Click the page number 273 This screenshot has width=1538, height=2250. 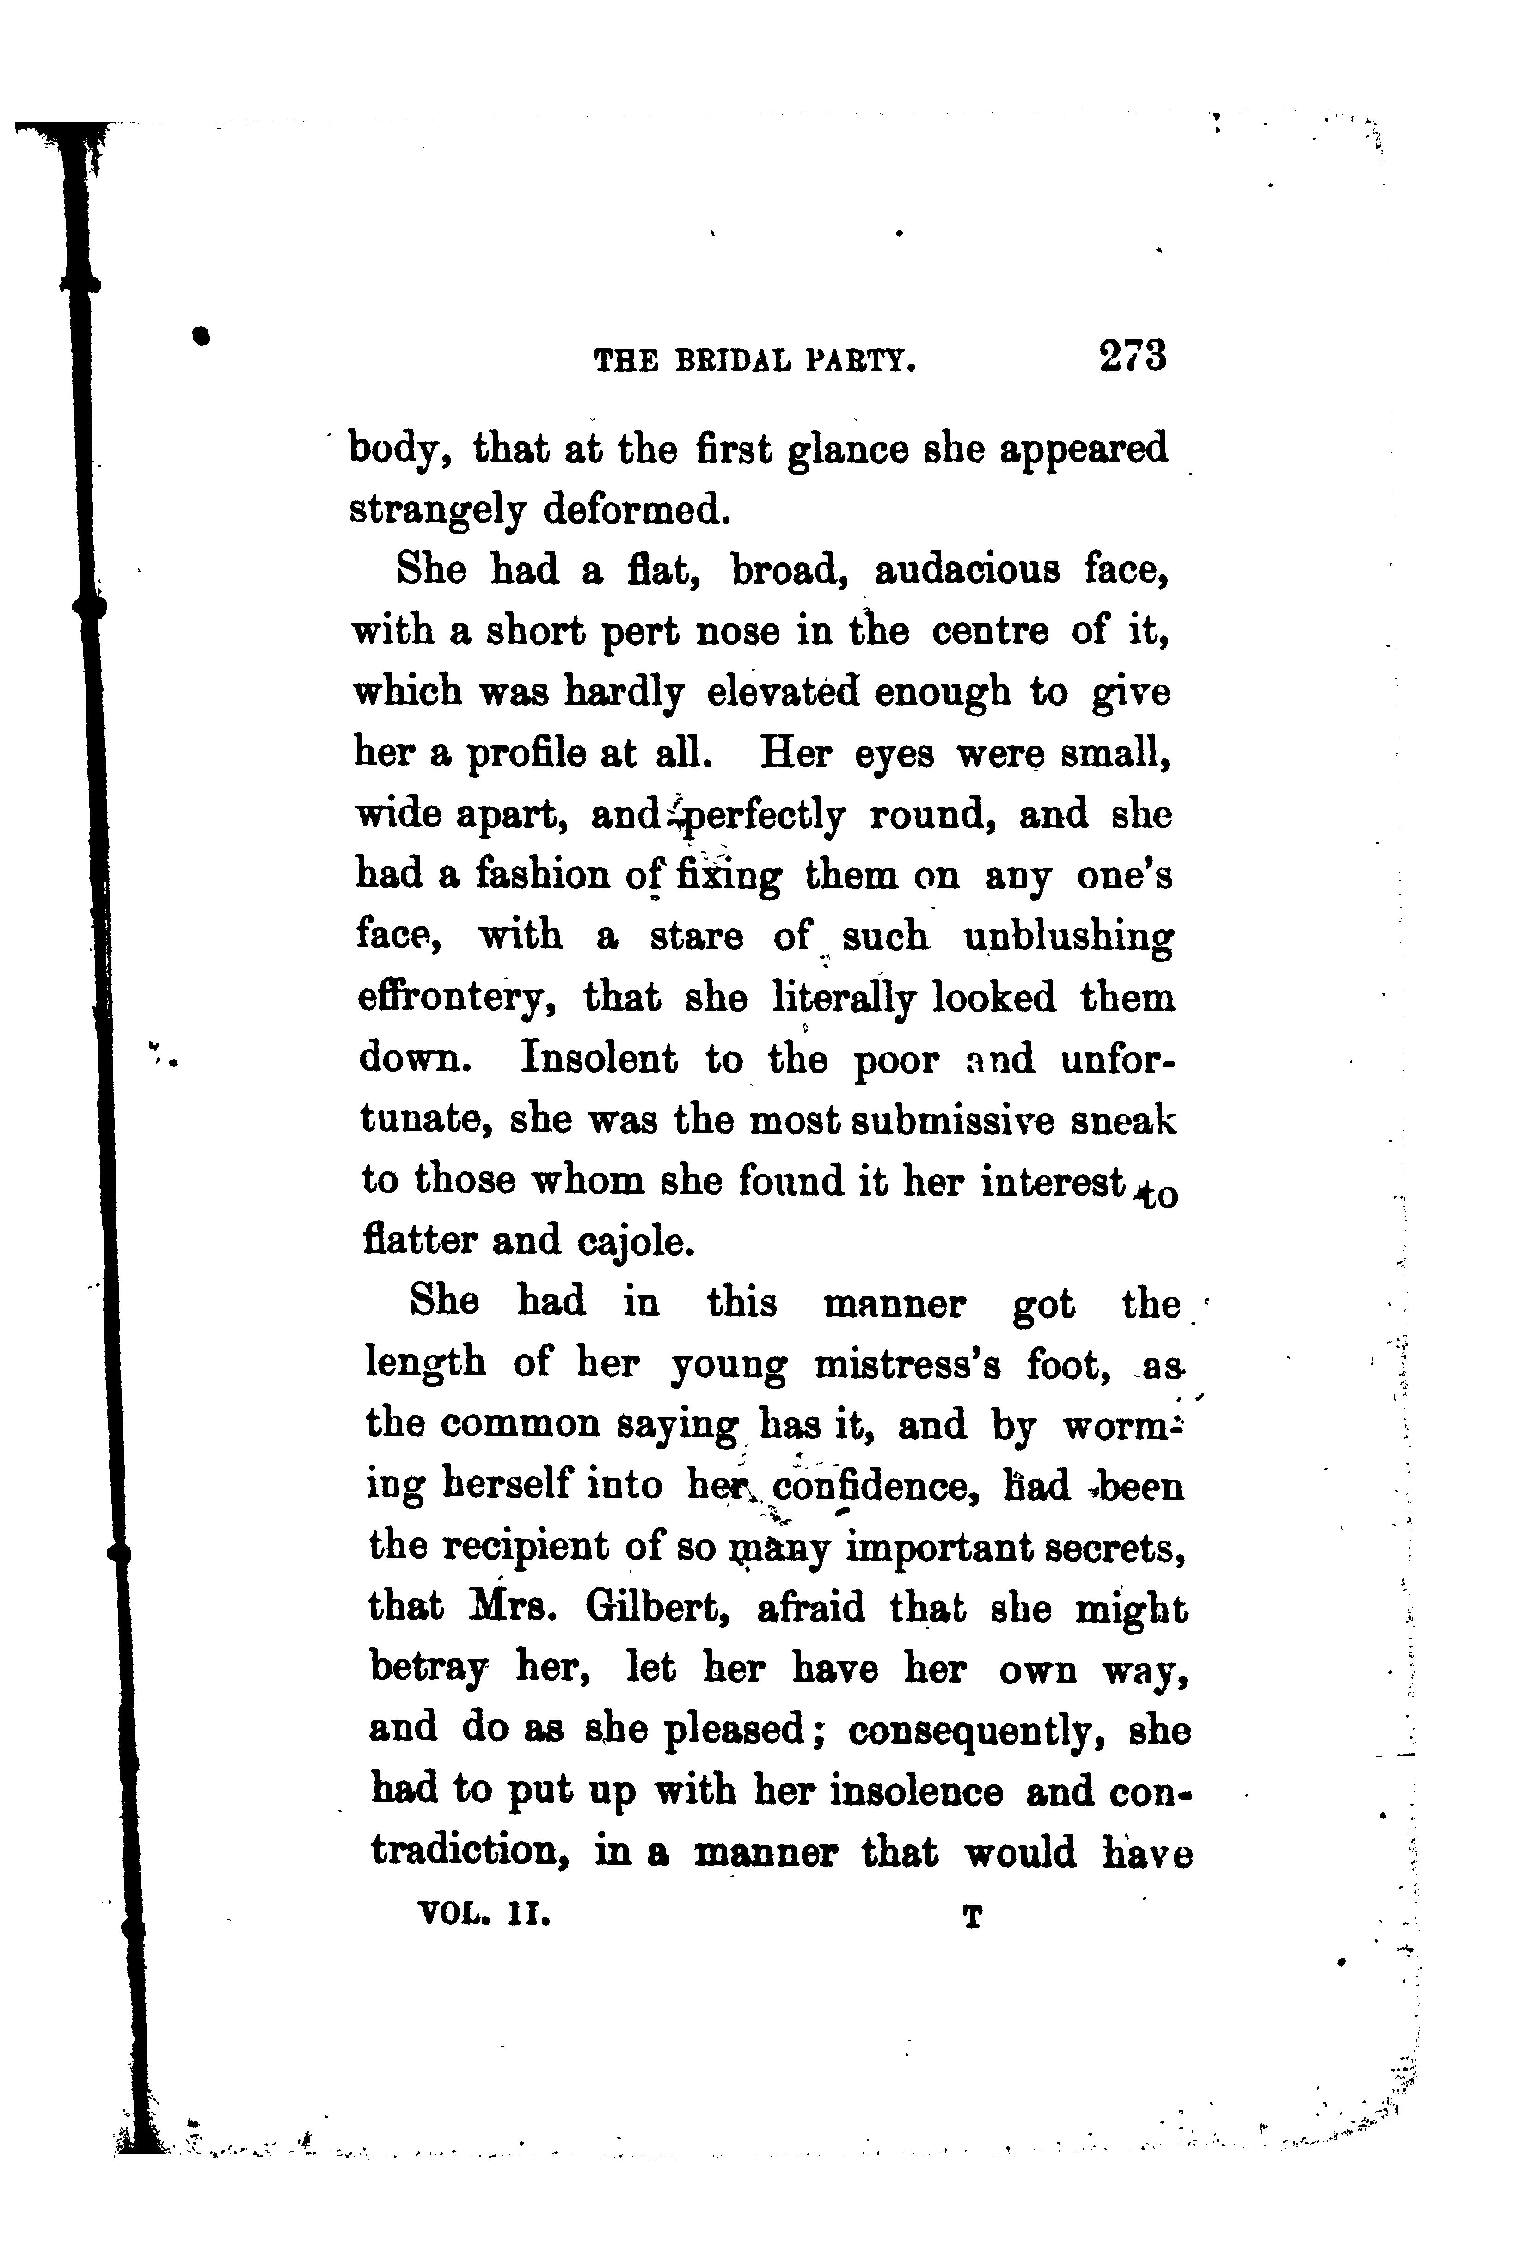tap(1133, 356)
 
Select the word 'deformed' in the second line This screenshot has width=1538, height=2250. tap(634, 509)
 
